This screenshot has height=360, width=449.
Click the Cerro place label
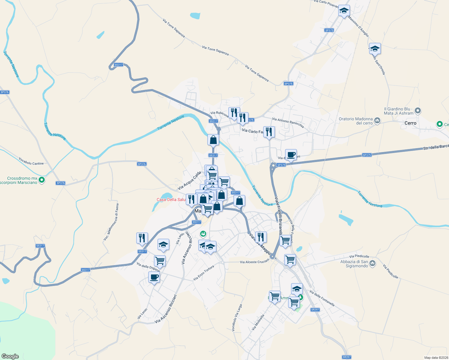click(x=410, y=123)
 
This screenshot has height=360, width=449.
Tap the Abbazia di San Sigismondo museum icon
click(x=372, y=263)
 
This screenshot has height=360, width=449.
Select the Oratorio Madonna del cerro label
click(x=355, y=121)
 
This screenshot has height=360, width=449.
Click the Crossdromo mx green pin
click(x=42, y=180)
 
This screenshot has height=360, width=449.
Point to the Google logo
click(x=10, y=356)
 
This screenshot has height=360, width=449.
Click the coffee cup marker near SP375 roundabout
click(x=291, y=155)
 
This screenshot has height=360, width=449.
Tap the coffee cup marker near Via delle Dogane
click(x=154, y=277)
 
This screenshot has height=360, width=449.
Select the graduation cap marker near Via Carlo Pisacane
click(x=344, y=11)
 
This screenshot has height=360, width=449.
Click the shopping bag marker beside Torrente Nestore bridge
click(x=213, y=140)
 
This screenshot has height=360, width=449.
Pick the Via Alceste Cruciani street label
click(x=255, y=262)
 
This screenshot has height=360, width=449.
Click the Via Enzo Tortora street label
click(x=203, y=273)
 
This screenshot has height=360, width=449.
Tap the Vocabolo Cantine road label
click(x=31, y=161)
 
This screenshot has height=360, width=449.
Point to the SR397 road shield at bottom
click(x=346, y=357)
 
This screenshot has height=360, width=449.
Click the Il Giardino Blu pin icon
click(x=418, y=111)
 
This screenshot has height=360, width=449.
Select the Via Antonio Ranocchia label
click(x=288, y=123)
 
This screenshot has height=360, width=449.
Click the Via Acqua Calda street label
click(x=189, y=181)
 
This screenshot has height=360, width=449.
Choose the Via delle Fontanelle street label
click(x=322, y=298)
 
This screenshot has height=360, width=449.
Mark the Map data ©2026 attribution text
click(x=436, y=358)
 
